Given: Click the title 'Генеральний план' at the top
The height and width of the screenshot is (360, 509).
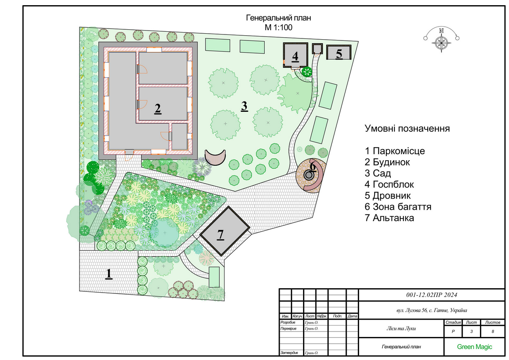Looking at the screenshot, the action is point(279,18).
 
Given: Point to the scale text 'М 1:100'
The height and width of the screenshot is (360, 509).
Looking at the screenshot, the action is point(279,27).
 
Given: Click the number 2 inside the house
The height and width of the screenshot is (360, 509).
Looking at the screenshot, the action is point(158,109).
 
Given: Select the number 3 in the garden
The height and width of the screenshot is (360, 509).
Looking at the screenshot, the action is point(244,106).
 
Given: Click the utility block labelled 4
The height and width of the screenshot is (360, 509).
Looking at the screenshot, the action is point(295,55).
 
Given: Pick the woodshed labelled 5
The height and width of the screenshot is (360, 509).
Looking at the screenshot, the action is point(339,52).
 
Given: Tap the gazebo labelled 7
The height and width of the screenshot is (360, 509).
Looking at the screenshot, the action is point(225,231).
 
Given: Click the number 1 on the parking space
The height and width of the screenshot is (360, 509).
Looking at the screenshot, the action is point(109,274).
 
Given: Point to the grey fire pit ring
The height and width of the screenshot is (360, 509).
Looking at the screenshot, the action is point(309,175).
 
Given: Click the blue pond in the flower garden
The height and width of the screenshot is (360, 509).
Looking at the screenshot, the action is point(164,233).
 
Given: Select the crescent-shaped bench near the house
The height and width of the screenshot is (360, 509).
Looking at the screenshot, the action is point(215,157).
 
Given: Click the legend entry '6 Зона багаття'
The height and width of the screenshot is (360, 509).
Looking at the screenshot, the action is point(398,207).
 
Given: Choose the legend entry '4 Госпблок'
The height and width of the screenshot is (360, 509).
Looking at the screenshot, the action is point(389,184).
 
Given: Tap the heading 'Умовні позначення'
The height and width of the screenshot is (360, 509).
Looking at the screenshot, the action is point(407,128).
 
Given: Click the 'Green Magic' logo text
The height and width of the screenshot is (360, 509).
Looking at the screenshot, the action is point(474,347).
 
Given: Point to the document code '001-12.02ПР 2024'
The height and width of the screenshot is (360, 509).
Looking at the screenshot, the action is point(432,295).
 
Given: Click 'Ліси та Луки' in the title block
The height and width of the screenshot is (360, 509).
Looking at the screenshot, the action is point(401,328).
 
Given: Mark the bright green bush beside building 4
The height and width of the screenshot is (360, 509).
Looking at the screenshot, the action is point(307,71).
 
